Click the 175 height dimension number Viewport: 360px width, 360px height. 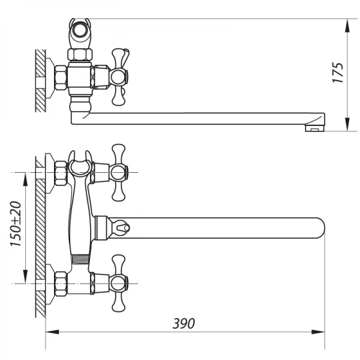point(339,72)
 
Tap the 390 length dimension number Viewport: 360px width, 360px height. point(184,323)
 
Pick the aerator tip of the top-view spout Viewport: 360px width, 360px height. point(314,127)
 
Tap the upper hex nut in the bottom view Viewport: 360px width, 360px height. point(61,173)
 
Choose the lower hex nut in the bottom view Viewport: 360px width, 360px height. point(61,283)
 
